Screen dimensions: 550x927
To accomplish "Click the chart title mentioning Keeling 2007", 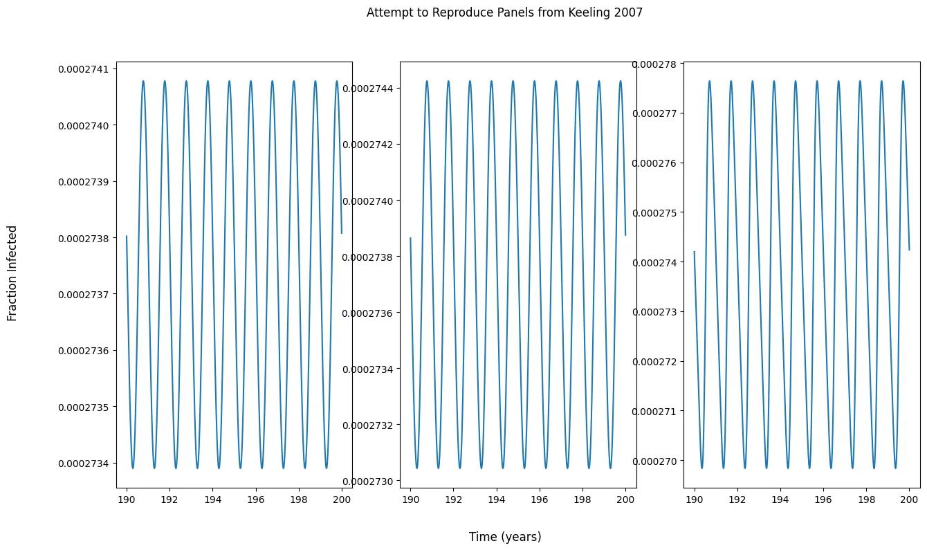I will click(504, 12).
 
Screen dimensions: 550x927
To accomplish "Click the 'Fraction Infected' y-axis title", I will click(12, 273).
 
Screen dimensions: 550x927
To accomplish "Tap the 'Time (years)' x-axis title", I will click(505, 537).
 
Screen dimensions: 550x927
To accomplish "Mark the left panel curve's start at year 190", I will click(127, 237).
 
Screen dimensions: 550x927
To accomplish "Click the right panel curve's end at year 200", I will click(909, 250).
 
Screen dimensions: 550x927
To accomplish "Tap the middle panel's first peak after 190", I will click(427, 81).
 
